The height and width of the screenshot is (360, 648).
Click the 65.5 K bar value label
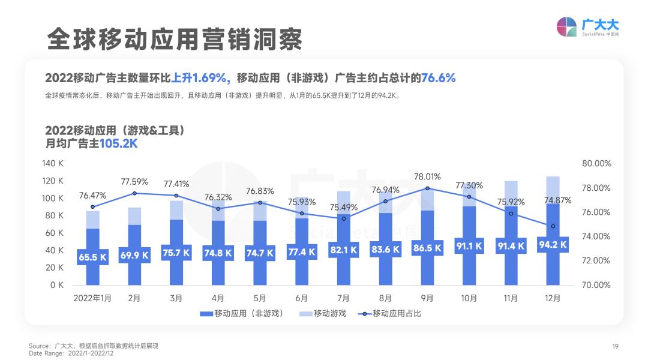92,257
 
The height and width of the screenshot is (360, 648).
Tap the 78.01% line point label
427,176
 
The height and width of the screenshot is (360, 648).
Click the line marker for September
427,188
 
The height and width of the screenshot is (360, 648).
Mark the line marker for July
344,218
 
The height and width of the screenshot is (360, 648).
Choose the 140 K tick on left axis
53,164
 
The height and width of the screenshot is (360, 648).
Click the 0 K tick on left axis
58,285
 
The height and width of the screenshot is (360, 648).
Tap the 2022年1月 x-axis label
92,298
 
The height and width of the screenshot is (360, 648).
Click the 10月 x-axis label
469,298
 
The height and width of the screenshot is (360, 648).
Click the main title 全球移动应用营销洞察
175,39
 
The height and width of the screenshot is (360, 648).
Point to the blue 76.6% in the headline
438,78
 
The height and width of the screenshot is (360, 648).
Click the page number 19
615,346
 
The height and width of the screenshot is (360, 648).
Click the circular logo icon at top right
566,27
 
